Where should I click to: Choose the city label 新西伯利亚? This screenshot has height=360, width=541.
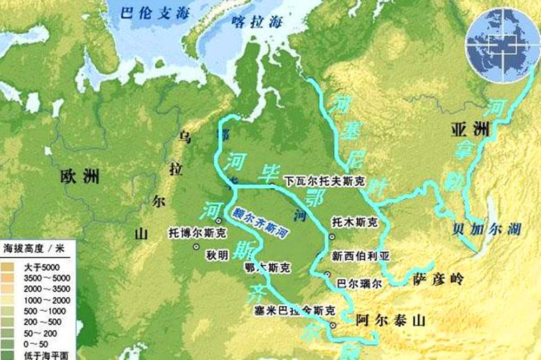[x=361, y=256]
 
